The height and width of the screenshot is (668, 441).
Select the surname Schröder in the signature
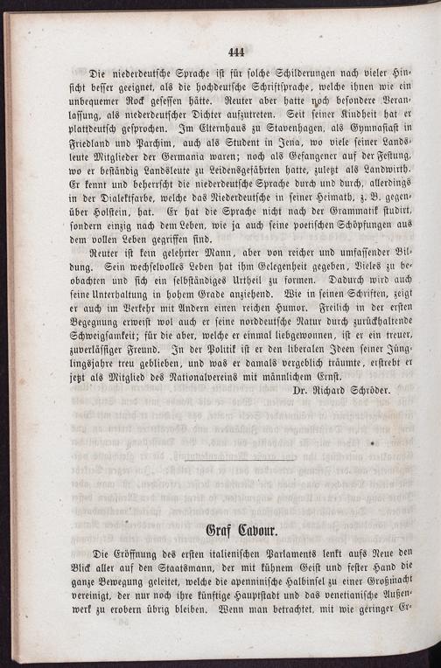pyautogui.click(x=361, y=386)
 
